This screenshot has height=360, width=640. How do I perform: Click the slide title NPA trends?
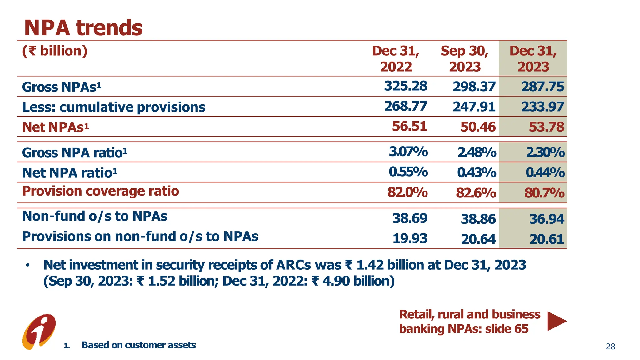pyautogui.click(x=83, y=28)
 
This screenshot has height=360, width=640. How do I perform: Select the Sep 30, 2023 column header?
pyautogui.click(x=464, y=59)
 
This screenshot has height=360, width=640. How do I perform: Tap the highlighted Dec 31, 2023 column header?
pyautogui.click(x=533, y=59)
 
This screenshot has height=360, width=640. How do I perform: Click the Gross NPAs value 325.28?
pyautogui.click(x=406, y=86)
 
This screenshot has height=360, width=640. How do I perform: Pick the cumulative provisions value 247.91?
pyautogui.click(x=474, y=107)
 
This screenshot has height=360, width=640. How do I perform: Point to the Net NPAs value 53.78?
pyautogui.click(x=546, y=127)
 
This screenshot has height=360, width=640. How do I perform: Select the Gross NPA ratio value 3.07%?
pyautogui.click(x=408, y=152)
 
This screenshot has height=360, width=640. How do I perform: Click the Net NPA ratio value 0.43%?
pyautogui.click(x=477, y=172)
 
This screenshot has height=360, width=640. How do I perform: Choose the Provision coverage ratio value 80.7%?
pyautogui.click(x=544, y=193)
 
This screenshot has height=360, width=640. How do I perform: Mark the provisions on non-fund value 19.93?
pyautogui.click(x=410, y=239)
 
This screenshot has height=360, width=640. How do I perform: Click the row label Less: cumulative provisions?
pyautogui.click(x=114, y=107)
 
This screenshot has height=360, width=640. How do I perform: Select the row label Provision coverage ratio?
pyautogui.click(x=101, y=191)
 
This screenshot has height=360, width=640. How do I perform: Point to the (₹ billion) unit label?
pyautogui.click(x=55, y=51)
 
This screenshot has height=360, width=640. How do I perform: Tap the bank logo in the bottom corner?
pyautogui.click(x=39, y=332)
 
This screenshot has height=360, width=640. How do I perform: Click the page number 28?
pyautogui.click(x=610, y=347)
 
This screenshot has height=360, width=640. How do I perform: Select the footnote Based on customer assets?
pyautogui.click(x=139, y=345)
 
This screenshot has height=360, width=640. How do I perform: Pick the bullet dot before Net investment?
pyautogui.click(x=28, y=265)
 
